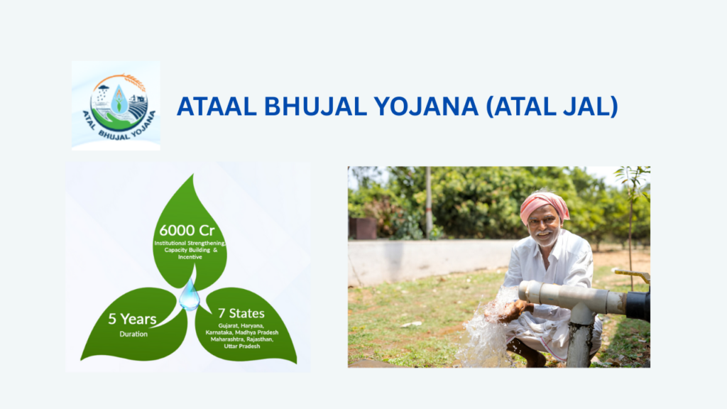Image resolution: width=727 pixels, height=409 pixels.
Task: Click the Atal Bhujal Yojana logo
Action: [x=116, y=106]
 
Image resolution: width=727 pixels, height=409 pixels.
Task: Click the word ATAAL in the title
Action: [x=217, y=107]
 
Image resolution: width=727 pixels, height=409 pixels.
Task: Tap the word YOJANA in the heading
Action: [x=426, y=107]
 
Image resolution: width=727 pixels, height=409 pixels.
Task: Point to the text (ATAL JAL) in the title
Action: [x=552, y=107]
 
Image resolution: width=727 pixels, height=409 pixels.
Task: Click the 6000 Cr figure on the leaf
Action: [x=187, y=231]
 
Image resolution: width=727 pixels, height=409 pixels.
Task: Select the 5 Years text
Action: [x=132, y=319]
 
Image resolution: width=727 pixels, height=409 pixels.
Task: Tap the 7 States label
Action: [x=241, y=313]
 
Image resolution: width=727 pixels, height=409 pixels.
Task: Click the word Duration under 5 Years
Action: [x=133, y=334]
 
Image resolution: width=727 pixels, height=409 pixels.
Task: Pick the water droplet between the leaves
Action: [x=189, y=295]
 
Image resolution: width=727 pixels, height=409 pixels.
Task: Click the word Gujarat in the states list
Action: [x=228, y=326]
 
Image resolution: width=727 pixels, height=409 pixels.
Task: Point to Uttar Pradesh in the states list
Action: [x=242, y=346]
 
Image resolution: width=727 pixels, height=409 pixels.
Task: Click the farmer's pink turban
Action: [x=544, y=205]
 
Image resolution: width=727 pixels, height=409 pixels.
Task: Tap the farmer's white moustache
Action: [x=543, y=234]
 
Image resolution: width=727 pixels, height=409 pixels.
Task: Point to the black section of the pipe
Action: [x=638, y=305]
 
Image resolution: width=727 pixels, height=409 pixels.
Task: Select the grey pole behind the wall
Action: [x=429, y=202]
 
